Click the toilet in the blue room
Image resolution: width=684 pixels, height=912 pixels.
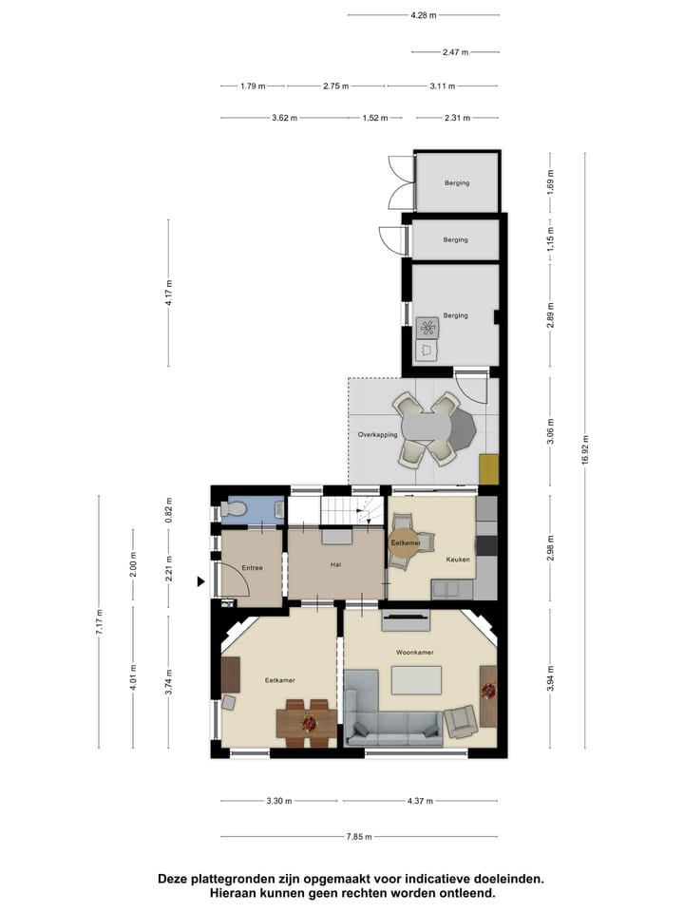click(x=233, y=510)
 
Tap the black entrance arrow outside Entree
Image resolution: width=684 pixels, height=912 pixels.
click(x=200, y=581)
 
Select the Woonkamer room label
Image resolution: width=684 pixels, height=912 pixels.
click(x=415, y=653)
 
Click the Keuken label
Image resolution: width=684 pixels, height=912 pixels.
click(x=458, y=560)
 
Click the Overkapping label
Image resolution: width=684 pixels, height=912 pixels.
click(x=377, y=434)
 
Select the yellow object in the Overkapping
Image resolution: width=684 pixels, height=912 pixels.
click(x=489, y=468)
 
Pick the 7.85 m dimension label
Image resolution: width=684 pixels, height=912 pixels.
click(x=359, y=837)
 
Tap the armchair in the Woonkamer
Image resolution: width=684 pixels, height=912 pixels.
click(x=463, y=722)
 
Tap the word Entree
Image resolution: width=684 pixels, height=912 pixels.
click(x=252, y=567)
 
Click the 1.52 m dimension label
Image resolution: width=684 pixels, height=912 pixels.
click(x=375, y=119)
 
